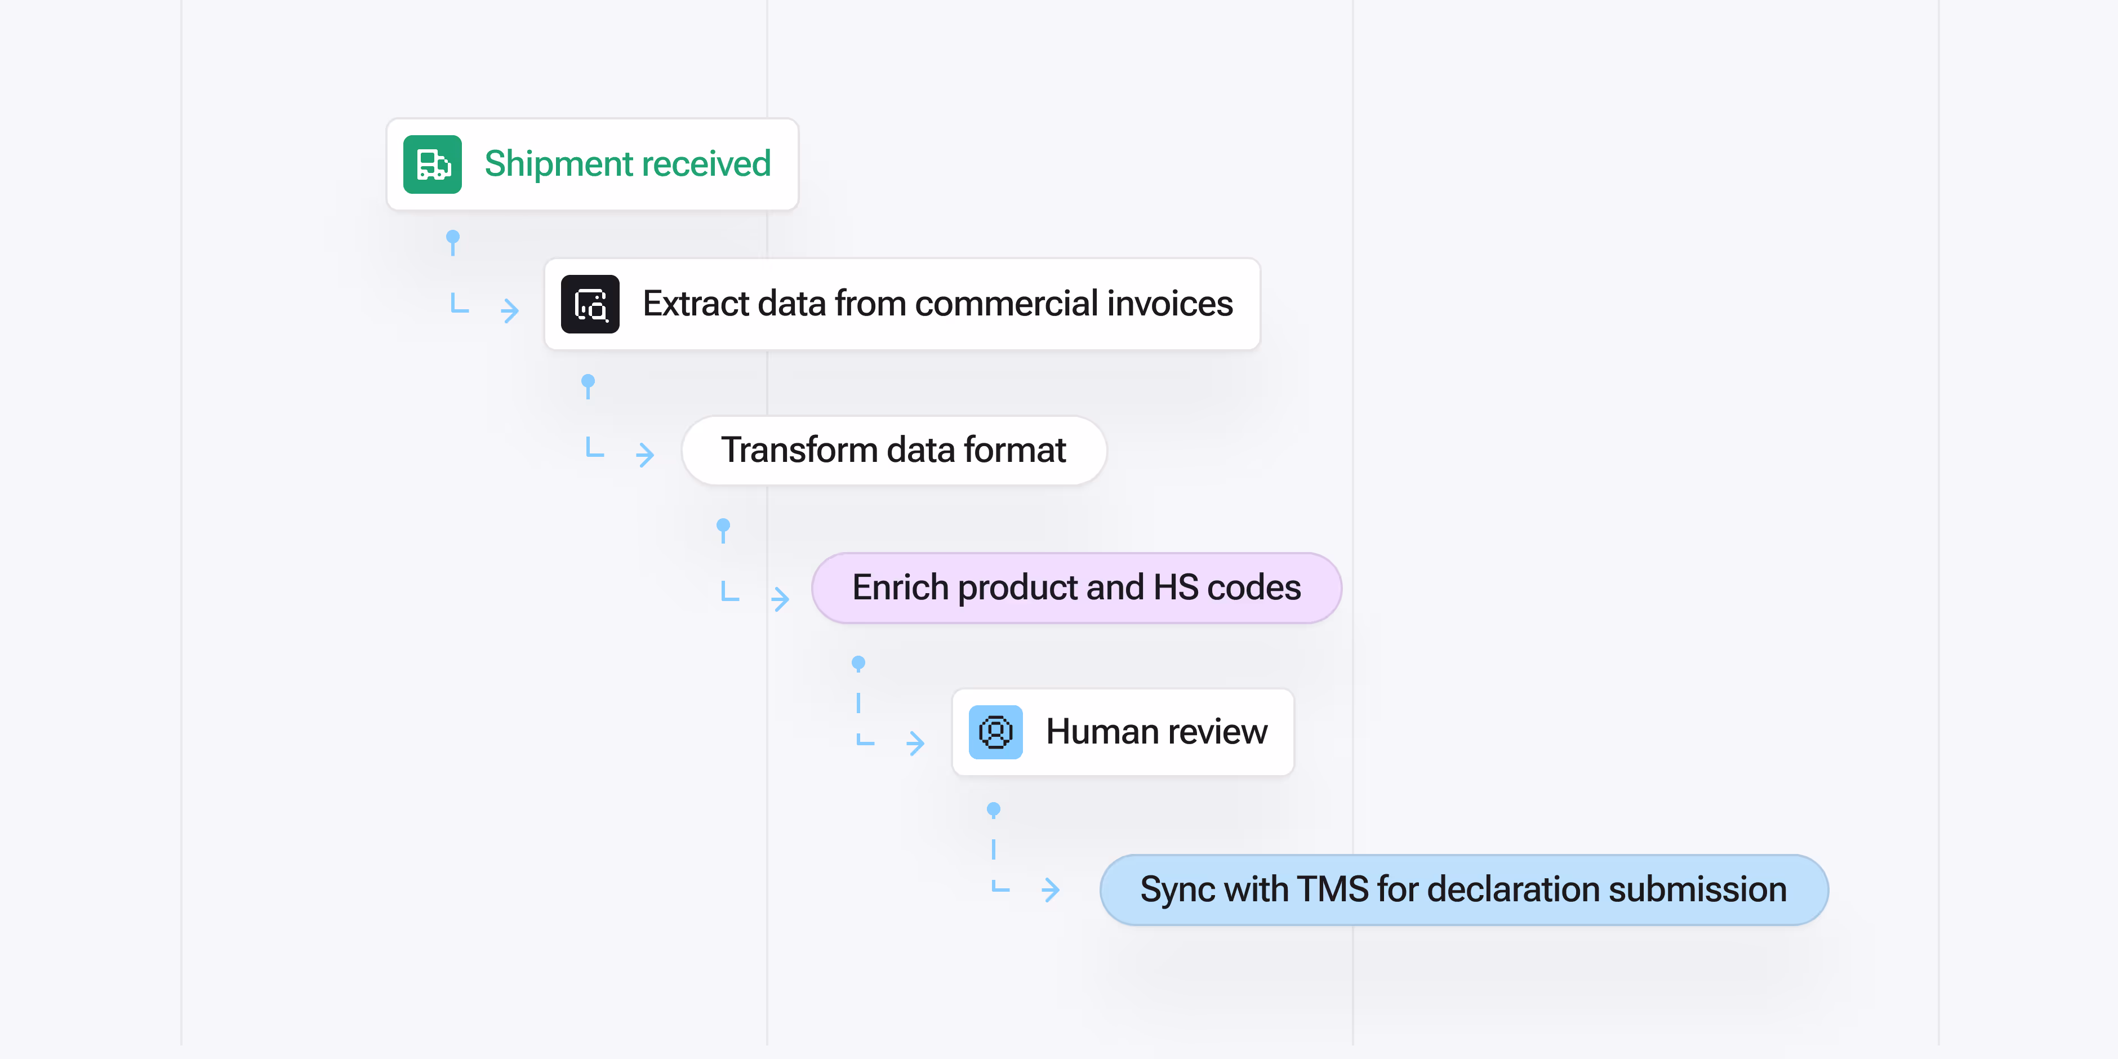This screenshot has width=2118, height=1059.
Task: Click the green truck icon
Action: (433, 164)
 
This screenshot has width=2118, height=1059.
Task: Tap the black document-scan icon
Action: (590, 304)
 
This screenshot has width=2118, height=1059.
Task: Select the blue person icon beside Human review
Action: (995, 732)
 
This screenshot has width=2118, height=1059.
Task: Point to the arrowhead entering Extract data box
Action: (510, 310)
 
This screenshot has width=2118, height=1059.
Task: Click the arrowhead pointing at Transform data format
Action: (646, 455)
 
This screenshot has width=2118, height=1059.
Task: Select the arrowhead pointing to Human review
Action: (916, 744)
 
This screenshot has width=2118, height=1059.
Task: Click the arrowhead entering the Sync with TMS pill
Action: (1051, 889)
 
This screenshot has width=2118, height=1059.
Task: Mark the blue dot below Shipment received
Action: (452, 237)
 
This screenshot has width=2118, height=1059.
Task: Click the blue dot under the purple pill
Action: (858, 662)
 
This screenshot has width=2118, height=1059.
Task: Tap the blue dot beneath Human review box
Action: (993, 810)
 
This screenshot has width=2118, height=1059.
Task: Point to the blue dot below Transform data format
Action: (723, 524)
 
